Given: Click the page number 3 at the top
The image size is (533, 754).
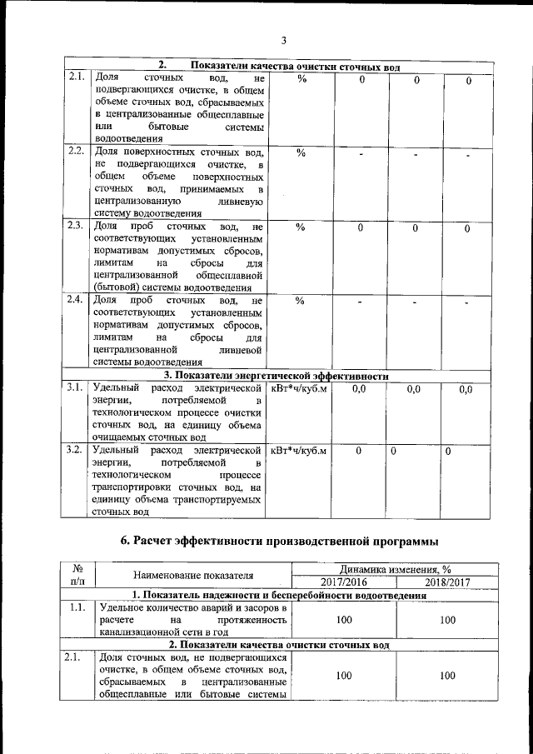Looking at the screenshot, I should coord(283,40).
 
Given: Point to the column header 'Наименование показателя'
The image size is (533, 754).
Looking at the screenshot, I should coord(192,575).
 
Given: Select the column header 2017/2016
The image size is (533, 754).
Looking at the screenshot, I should coord(344,582).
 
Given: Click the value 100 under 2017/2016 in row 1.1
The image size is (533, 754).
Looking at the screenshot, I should coord(344,621).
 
